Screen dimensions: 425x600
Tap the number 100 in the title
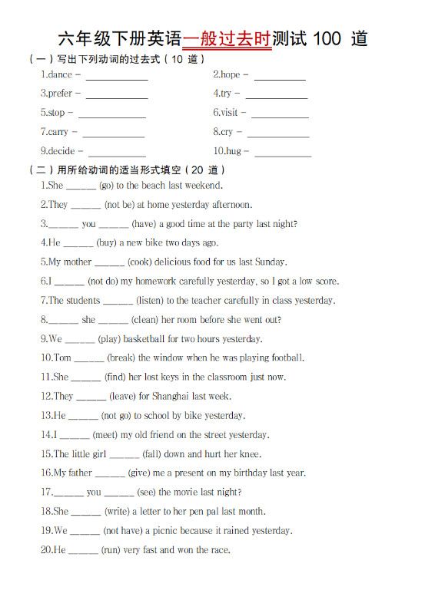point(324,38)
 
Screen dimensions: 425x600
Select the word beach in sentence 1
point(154,186)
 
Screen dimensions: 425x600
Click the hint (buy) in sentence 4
point(106,243)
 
